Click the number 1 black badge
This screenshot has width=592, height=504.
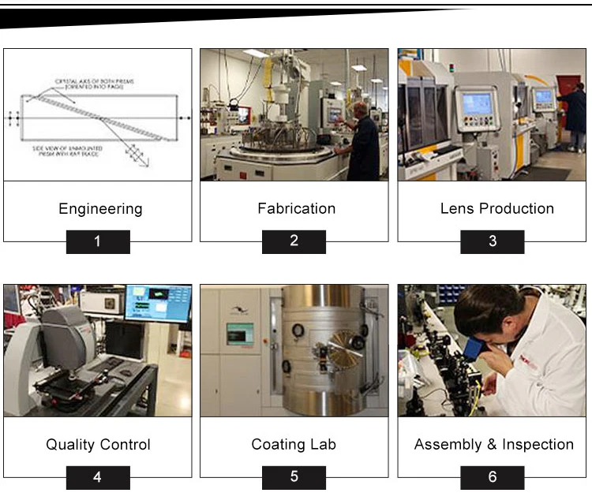point(97,241)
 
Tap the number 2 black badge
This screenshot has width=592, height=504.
point(294,241)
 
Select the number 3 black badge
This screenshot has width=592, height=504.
point(493,241)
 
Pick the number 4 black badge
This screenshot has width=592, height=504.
point(97,478)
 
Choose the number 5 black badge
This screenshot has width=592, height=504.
point(294,478)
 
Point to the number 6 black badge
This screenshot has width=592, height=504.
point(493,478)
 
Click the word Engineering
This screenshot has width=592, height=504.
point(100,209)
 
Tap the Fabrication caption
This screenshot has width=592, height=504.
point(296,208)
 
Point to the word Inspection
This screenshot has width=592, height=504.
point(538,445)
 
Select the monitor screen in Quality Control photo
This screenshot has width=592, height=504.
point(158,303)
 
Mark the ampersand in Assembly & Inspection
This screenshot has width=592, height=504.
point(491,445)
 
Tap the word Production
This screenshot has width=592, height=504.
point(516,208)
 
